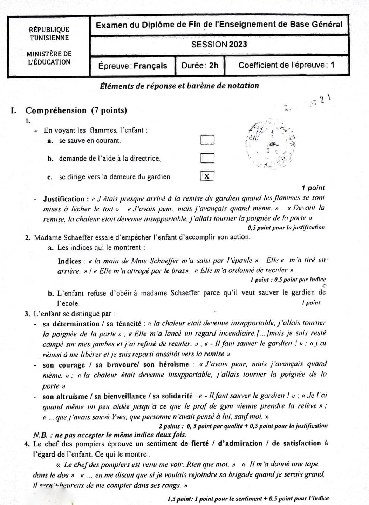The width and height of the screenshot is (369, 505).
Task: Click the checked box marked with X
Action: [207, 176]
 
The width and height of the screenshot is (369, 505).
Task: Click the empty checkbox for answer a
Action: [207, 140]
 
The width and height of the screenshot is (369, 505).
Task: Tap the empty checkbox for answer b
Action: [207, 158]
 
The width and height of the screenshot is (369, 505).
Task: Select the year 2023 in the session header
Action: [238, 45]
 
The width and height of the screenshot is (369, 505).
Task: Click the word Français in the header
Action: [150, 66]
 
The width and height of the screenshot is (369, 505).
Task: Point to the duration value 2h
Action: [214, 65]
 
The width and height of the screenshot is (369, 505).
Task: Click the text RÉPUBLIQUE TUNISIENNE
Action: [49, 34]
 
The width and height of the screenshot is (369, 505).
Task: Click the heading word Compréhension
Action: [56, 110]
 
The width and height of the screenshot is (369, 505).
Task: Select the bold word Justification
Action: [64, 199]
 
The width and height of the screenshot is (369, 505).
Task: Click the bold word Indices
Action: [69, 261]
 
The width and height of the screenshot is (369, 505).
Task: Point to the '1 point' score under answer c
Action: [313, 188]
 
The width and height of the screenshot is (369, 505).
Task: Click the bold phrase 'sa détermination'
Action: [71, 324]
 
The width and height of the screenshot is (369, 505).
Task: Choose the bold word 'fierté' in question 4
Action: [200, 443]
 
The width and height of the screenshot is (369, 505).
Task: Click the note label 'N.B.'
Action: [40, 435]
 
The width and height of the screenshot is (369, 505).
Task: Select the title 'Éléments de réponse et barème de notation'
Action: [179, 86]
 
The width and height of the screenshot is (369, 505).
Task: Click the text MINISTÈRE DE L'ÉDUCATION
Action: [49, 58]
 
